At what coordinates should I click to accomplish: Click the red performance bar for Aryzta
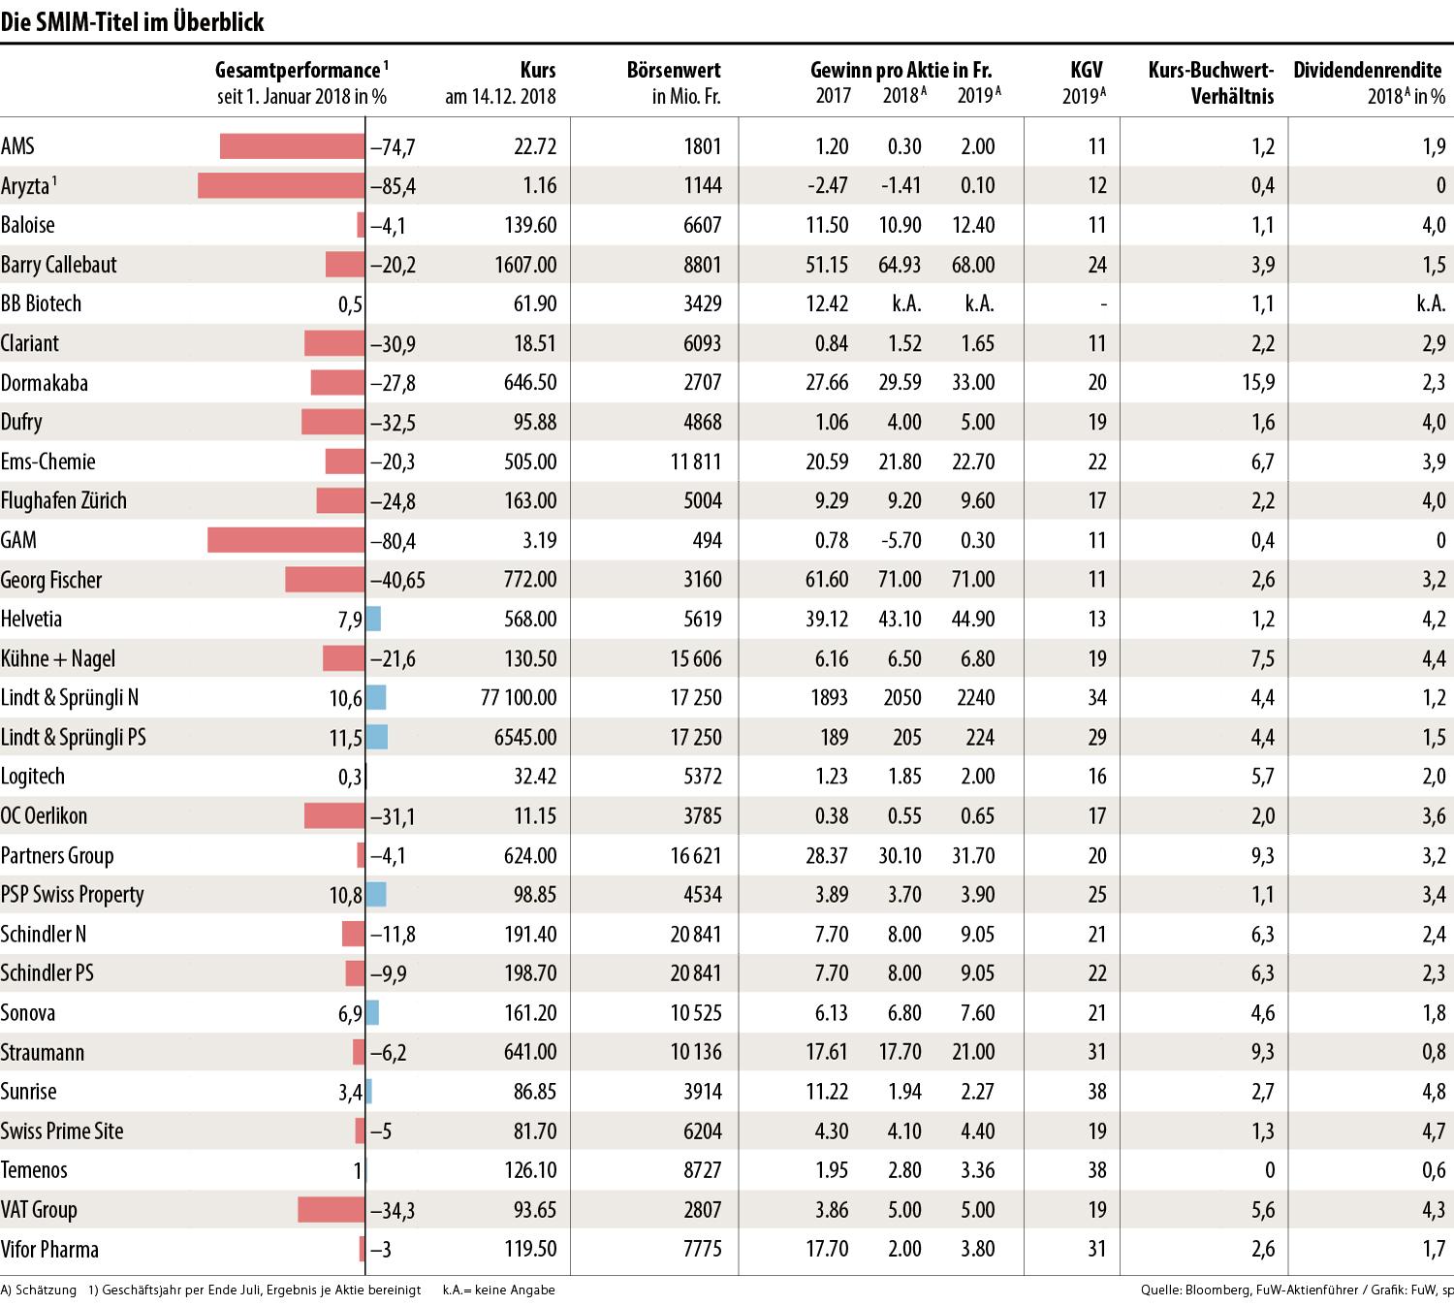click(281, 185)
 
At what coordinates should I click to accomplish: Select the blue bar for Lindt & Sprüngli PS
click(377, 737)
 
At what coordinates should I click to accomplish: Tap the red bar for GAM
click(286, 540)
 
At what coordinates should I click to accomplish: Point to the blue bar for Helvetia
click(373, 619)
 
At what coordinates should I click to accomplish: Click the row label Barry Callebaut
click(59, 265)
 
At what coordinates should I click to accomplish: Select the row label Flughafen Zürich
click(64, 501)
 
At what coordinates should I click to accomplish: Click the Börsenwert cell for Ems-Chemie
click(695, 462)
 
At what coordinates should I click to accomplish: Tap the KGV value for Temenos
click(1096, 1170)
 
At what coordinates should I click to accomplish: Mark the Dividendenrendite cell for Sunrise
click(1434, 1092)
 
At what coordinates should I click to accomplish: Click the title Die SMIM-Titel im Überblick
click(133, 22)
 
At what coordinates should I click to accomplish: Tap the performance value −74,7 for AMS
click(393, 146)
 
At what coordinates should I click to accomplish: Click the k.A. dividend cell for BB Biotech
click(1430, 303)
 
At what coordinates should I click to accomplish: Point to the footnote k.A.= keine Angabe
click(498, 1290)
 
